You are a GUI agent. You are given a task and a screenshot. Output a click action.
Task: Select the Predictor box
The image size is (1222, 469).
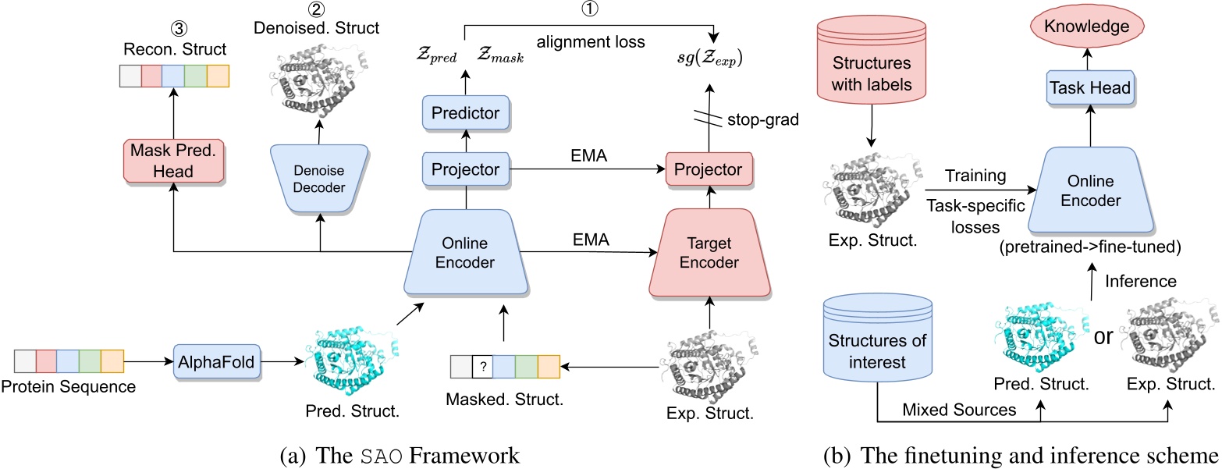click(464, 114)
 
